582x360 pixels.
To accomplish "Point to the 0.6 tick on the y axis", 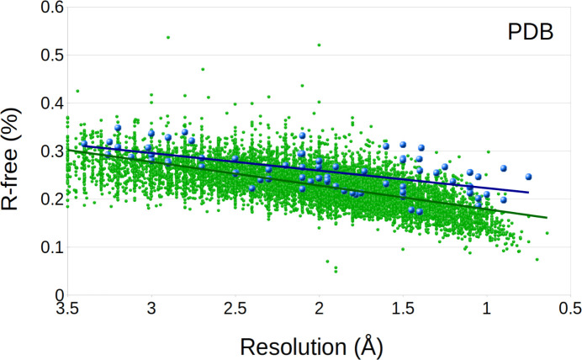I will click(45, 8).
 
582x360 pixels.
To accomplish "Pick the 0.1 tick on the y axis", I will click(45, 248).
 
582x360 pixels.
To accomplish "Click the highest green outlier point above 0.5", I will click(168, 37).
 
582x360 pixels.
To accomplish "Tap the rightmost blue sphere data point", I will click(529, 177).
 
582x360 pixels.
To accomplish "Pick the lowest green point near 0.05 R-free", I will click(336, 270).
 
